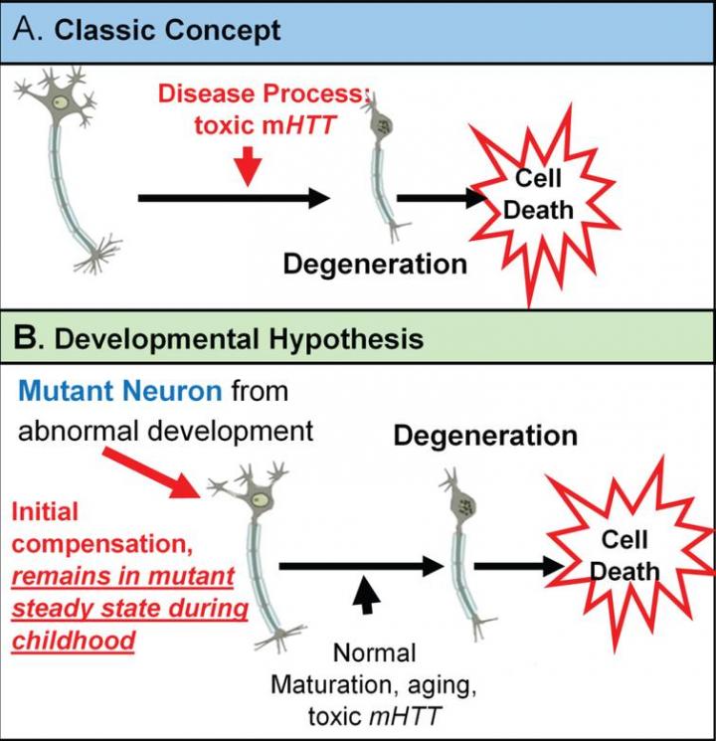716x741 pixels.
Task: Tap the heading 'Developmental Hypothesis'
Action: pyautogui.click(x=239, y=339)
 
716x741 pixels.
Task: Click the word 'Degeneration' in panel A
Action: pyautogui.click(x=375, y=265)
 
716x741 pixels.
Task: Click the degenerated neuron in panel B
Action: pyautogui.click(x=459, y=557)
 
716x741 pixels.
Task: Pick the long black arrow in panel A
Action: pyautogui.click(x=233, y=198)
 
